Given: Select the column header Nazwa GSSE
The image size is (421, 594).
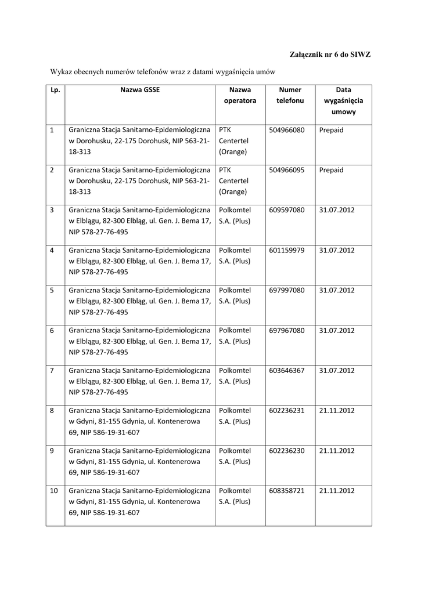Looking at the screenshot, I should [140, 90].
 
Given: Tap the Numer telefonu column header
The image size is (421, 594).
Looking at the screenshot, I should [290, 95].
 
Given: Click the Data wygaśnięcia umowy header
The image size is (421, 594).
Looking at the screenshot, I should [343, 100].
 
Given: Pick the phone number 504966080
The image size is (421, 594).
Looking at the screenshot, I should [287, 130].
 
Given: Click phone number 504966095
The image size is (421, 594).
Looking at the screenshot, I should [287, 170].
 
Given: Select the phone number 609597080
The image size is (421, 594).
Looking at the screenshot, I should [287, 210].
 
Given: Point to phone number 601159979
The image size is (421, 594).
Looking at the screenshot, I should [287, 250].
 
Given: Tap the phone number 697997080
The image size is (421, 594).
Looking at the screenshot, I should [287, 290].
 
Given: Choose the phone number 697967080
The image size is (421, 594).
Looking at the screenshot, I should [287, 330].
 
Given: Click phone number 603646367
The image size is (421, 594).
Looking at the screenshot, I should [287, 370].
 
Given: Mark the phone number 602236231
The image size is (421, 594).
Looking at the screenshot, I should [287, 410].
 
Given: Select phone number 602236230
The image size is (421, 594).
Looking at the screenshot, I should [287, 450].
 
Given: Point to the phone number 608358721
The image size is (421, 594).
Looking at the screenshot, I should [287, 490].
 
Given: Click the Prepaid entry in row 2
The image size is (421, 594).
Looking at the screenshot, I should [331, 170].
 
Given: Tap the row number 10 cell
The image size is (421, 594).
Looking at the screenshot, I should [53, 490].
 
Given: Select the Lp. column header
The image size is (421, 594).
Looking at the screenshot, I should [55, 90].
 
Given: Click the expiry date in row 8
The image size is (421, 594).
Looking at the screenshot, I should [337, 410].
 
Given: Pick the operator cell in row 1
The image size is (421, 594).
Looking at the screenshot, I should [233, 141].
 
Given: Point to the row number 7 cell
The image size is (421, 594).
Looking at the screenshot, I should [52, 370].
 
